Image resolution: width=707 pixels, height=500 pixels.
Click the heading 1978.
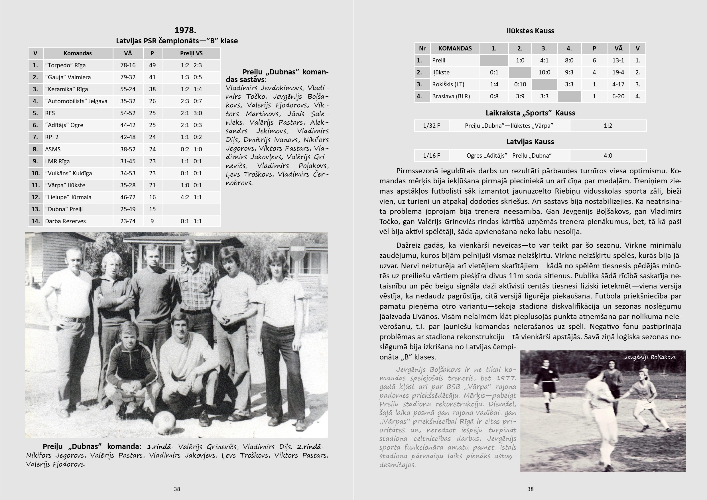point(185,30)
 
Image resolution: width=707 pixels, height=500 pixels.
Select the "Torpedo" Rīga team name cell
point(65,65)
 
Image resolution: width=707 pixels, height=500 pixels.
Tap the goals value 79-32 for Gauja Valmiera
point(128,77)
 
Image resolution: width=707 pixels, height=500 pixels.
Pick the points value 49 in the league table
point(152,65)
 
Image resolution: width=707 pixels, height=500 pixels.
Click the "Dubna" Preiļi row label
point(64,209)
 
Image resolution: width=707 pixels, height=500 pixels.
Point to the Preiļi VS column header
point(191,53)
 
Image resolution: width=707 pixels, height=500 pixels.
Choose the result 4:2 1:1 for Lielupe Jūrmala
point(191,197)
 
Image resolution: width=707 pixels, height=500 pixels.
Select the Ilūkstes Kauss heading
point(530,31)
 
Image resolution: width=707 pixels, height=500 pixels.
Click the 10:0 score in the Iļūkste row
point(544,72)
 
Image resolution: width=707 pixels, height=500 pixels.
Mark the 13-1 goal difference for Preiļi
point(618,60)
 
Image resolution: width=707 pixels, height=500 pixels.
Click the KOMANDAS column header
point(455,48)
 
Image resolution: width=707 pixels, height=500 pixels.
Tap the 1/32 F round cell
point(431,126)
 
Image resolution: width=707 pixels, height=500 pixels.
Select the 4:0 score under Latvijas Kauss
point(608,155)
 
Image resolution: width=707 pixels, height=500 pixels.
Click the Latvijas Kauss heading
point(530,142)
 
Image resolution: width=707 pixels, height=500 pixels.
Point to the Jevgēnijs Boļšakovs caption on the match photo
point(650,357)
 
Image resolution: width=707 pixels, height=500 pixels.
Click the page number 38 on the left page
point(177,489)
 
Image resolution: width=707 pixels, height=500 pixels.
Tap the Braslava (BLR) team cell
point(451,96)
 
